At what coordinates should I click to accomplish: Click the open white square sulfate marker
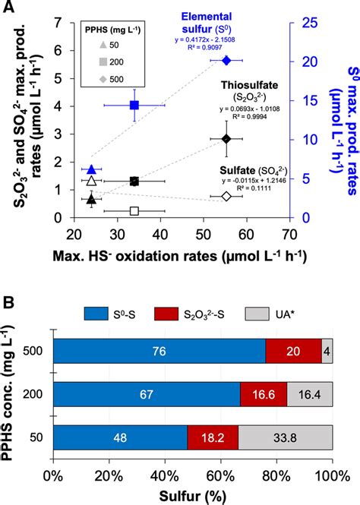(x=134, y=210)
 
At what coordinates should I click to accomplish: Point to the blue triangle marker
(x=91, y=169)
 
